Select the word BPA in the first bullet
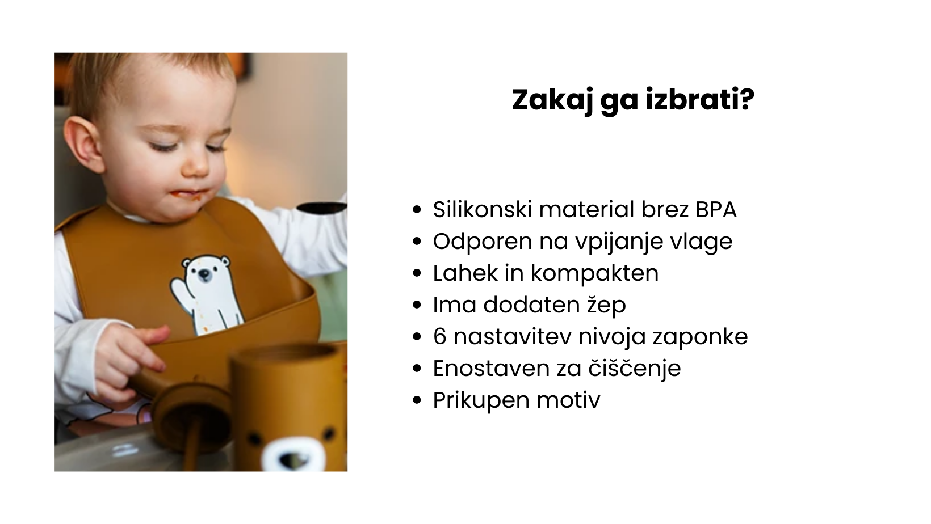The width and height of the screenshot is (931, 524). [x=716, y=209]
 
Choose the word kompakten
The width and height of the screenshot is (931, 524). [x=595, y=273]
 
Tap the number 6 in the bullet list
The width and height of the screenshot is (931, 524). [x=440, y=337]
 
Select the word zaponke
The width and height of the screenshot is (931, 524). [x=701, y=337]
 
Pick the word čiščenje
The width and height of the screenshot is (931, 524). [x=635, y=368]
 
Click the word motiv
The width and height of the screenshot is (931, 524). [x=568, y=400]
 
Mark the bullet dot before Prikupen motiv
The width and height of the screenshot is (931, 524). [x=417, y=401]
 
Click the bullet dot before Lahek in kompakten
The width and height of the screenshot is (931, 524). [x=417, y=274]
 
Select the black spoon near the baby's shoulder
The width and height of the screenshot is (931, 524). [x=322, y=208]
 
